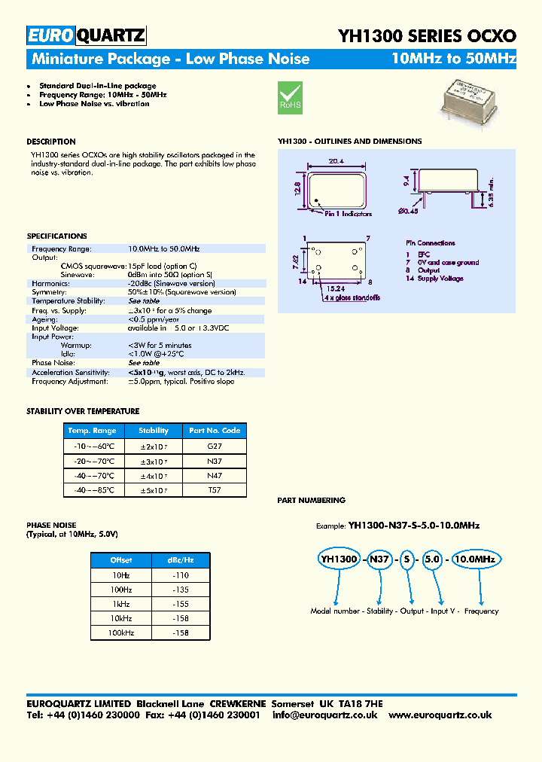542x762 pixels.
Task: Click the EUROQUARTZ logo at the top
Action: click(x=86, y=35)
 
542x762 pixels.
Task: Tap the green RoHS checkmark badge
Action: click(x=290, y=98)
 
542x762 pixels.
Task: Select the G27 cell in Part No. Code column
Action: click(x=214, y=446)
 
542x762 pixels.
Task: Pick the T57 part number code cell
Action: click(x=214, y=490)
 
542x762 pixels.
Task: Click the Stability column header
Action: click(x=154, y=431)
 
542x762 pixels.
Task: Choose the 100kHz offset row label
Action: click(x=121, y=633)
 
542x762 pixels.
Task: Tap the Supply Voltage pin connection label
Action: click(x=440, y=279)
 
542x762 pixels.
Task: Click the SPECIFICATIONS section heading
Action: click(x=56, y=236)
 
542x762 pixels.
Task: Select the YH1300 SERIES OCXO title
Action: click(x=427, y=35)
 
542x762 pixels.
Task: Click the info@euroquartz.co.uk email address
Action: click(x=324, y=715)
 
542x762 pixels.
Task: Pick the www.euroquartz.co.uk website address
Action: click(x=440, y=715)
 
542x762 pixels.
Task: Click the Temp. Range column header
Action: click(x=92, y=431)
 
